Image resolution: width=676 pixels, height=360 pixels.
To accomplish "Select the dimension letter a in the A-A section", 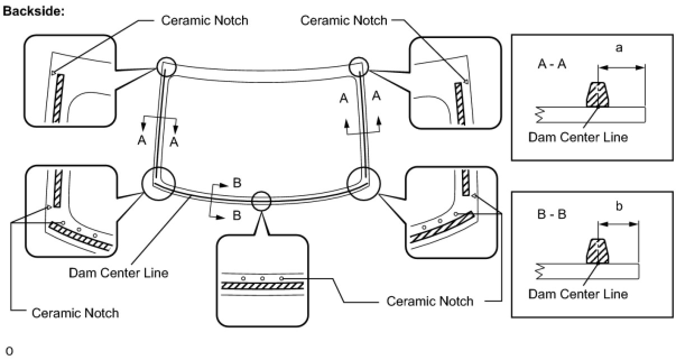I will point(619,48).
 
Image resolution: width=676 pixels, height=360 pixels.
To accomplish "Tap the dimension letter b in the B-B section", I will point(619,206).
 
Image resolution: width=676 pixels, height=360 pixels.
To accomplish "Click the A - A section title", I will point(552,64).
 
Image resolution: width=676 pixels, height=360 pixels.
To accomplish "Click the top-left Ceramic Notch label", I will point(205,21).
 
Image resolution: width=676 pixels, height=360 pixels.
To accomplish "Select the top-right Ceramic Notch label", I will point(344,21).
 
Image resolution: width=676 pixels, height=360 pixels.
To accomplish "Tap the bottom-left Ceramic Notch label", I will point(75,313).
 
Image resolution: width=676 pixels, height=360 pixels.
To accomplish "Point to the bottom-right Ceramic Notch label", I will point(430,301).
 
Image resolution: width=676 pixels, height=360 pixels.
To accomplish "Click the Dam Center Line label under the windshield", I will point(118,273).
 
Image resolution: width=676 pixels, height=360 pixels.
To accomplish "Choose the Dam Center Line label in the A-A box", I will point(578,137).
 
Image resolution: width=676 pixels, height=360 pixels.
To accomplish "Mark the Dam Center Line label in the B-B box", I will point(578,294).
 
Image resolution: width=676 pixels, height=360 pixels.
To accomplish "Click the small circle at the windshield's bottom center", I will point(261,201).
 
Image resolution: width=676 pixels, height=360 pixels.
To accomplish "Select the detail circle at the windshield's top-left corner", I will point(166,67).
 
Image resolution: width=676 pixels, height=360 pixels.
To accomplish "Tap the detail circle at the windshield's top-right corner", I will point(358,67).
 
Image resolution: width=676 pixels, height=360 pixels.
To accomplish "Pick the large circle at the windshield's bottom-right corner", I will point(364,182).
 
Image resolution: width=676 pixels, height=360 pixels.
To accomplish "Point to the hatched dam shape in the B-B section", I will point(598,252).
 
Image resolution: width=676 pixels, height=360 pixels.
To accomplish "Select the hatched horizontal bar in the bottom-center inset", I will point(262,285).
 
